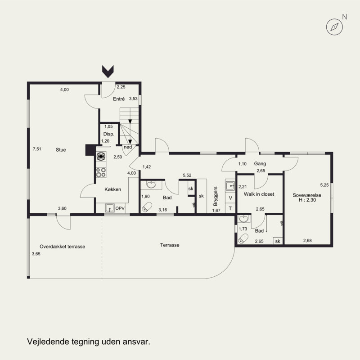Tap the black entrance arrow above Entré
[x=108, y=72]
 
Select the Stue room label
[x=61, y=150]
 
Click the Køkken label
[x=113, y=189]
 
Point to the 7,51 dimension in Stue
[x=37, y=149]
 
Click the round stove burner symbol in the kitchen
[x=101, y=156]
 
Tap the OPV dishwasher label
[x=120, y=208]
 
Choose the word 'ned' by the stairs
[x=128, y=147]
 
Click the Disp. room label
[x=109, y=134]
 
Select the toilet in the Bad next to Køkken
[x=147, y=207]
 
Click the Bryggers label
[x=216, y=196]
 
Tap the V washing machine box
[x=230, y=198]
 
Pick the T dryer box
[x=230, y=208]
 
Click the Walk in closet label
[x=259, y=194]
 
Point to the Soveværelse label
[x=307, y=195]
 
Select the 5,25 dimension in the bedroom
[x=324, y=185]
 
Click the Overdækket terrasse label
[x=63, y=247]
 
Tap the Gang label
[x=260, y=164]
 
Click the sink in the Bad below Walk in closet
[x=243, y=219]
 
